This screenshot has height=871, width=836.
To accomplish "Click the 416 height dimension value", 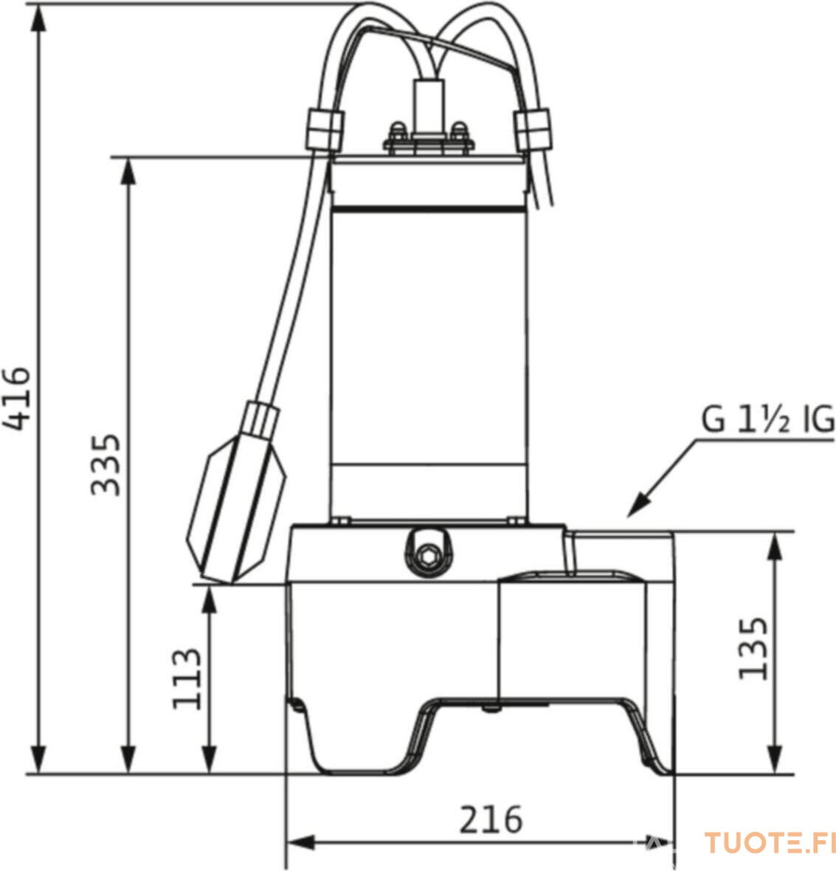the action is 15,398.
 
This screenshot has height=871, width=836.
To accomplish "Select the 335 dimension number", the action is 106,464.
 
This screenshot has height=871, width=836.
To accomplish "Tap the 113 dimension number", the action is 187,679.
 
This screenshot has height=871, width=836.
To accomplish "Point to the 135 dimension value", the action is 753,647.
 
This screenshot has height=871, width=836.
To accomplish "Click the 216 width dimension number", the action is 491,819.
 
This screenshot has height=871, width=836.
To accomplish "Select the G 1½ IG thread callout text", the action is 767,419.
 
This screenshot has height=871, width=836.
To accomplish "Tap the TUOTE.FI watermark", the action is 770,842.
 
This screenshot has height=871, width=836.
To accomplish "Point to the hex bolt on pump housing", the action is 427,554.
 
